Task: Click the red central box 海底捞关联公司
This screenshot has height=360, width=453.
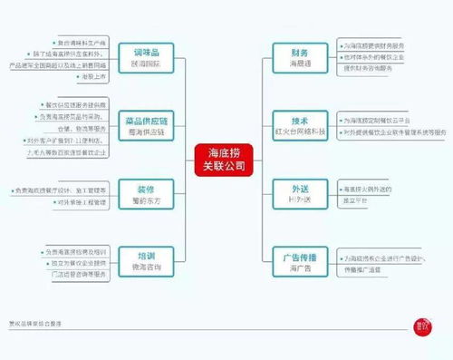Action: [x=224, y=158]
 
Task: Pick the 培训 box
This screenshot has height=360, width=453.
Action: [x=151, y=259]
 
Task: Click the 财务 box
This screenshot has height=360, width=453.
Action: [x=300, y=59]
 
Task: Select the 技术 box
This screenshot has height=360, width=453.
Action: [x=300, y=124]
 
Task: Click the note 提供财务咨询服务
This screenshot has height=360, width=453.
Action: [x=371, y=67]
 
